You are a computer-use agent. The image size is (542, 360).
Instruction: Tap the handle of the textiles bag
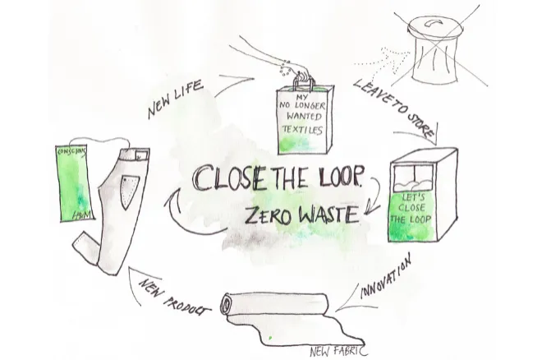tap(304, 81)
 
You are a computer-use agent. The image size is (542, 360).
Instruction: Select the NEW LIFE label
tap(175, 99)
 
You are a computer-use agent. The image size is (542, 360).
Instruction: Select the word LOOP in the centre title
tap(337, 178)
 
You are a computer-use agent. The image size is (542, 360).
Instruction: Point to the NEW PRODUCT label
tap(174, 298)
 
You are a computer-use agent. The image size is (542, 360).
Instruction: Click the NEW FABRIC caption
tap(338, 351)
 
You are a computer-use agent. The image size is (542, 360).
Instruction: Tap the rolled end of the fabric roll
tap(225, 303)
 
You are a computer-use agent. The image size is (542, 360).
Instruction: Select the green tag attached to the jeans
tap(75, 183)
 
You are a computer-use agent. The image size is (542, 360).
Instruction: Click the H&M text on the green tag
tap(82, 215)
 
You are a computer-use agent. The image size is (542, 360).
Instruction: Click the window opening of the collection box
tap(413, 177)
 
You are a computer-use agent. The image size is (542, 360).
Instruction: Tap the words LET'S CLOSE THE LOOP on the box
tap(411, 209)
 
